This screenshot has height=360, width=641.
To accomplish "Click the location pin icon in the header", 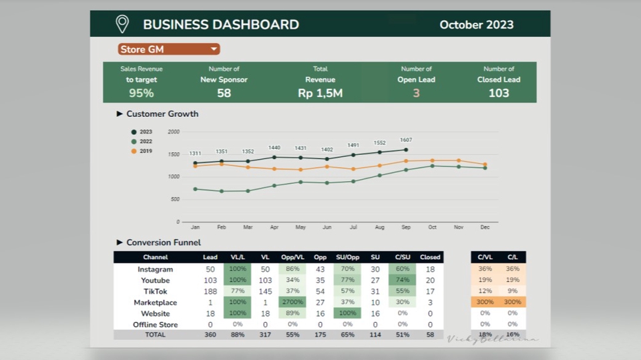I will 122,24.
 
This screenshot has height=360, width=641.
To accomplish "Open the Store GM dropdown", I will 169,49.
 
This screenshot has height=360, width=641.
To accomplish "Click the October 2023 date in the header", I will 476,25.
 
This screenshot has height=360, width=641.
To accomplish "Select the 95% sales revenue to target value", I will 142,94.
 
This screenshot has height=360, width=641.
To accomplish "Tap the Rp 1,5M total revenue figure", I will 320,94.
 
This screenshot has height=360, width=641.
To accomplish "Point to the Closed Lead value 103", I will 499,94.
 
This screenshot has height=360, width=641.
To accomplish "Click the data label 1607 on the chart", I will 406,140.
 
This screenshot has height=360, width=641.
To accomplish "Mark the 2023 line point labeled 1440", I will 274,158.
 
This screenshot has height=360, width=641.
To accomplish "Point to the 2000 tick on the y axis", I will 174,132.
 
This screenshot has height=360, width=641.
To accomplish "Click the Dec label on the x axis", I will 485,228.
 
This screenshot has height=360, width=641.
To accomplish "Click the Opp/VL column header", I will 292,257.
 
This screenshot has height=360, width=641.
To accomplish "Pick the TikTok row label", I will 155,292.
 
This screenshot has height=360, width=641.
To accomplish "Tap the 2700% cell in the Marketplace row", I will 292,303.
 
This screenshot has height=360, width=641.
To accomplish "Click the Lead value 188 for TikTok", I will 210,292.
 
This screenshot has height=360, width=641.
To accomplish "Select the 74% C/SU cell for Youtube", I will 402,281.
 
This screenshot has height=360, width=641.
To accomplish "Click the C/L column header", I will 512,257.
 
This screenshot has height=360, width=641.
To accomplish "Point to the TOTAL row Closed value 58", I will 430,335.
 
